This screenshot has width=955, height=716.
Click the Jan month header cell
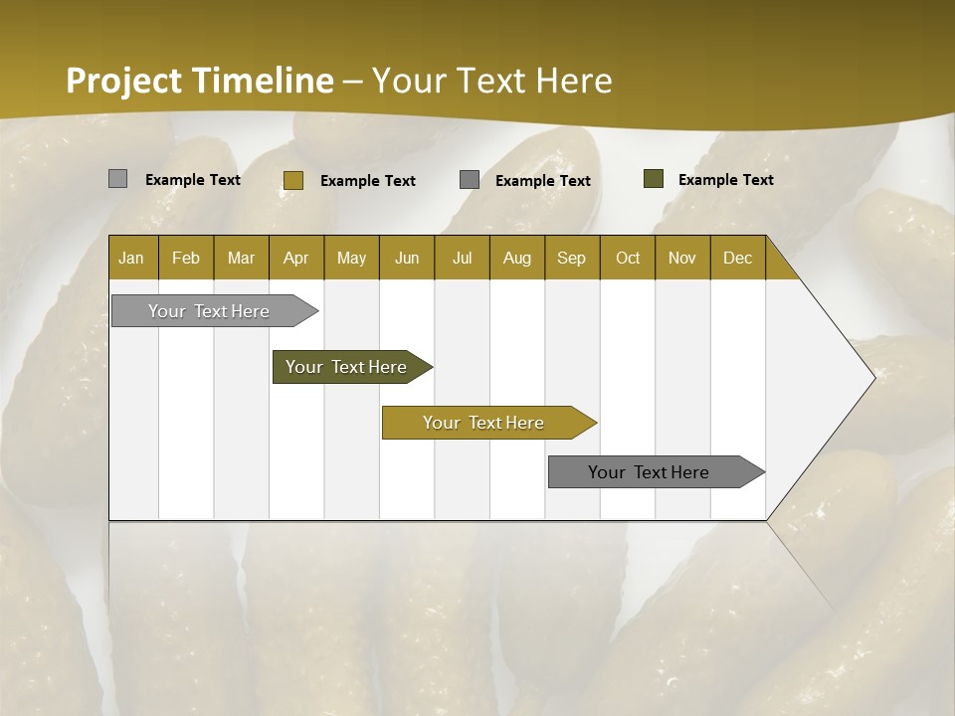pos(131,258)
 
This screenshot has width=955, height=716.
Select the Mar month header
pos(241,258)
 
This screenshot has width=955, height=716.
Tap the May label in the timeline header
pos(351,258)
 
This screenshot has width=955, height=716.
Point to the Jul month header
pos(462,258)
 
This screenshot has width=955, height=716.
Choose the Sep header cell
pos(571,258)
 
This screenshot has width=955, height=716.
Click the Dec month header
pos(737,258)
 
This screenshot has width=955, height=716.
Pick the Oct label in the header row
pos(628,258)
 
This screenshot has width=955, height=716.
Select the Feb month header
pos(186,258)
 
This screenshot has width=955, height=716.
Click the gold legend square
pos(292,180)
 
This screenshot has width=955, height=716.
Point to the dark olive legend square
pos(653,179)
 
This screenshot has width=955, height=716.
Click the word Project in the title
pos(124,81)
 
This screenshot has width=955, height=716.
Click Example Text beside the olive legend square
pos(725,180)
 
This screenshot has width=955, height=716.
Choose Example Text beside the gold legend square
pos(367,181)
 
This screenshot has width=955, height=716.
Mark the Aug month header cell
pos(516,258)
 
